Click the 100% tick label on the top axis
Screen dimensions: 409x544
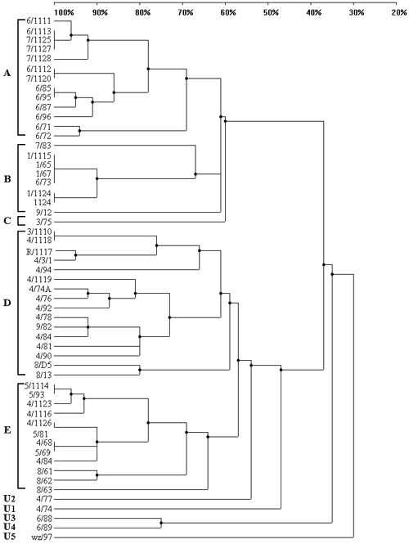65,13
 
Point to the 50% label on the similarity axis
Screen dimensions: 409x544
271,13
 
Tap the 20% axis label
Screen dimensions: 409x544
399,13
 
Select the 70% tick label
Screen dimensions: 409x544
186,13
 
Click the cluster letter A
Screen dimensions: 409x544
7,73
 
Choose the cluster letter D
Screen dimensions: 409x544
7,303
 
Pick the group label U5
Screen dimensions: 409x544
9,538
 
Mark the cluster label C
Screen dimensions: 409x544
7,221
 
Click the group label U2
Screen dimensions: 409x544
9,499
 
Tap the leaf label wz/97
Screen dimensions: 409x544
43,538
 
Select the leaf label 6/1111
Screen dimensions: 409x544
38,21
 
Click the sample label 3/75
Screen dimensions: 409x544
43,222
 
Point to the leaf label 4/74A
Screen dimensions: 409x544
40,289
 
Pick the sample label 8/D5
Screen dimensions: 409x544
43,365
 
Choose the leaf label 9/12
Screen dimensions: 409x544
43,213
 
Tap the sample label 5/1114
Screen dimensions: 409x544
38,386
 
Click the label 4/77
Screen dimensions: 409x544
43,500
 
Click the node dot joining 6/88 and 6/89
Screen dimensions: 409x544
161,523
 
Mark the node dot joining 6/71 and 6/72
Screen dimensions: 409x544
80,131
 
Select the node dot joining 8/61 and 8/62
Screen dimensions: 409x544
97,475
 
